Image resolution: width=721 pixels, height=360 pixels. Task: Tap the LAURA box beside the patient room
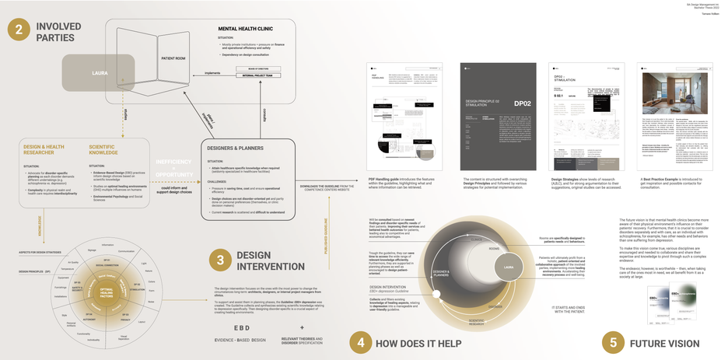pyautogui.click(x=99, y=72)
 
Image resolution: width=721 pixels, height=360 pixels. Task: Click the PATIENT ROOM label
pyautogui.click(x=172, y=58)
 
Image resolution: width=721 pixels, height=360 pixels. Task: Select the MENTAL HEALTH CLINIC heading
pyautogui.click(x=249, y=29)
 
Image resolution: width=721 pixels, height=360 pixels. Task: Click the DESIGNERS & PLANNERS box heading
pyautogui.click(x=235, y=147)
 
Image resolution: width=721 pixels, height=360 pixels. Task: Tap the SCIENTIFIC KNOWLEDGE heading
pyautogui.click(x=103, y=149)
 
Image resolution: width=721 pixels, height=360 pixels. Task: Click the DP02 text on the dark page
pyautogui.click(x=522, y=103)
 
